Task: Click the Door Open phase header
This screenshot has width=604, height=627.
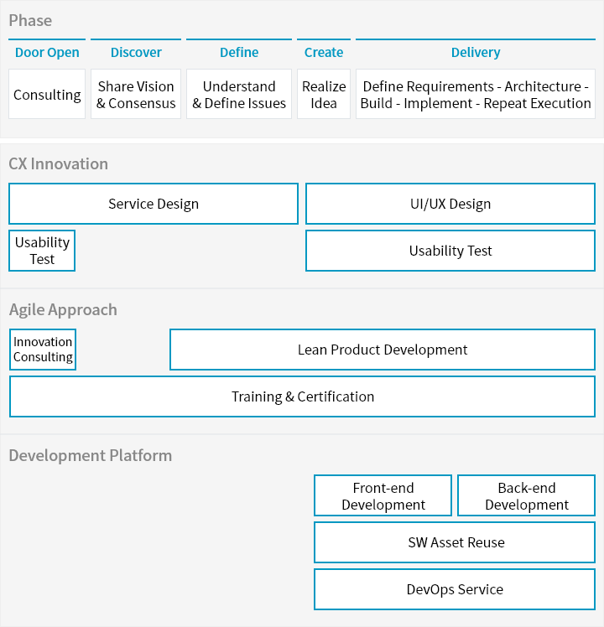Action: click(47, 52)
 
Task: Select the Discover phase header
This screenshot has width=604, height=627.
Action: click(136, 52)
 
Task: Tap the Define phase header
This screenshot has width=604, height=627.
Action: click(239, 52)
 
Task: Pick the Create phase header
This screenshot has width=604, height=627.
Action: click(324, 52)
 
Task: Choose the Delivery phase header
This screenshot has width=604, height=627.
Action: click(476, 52)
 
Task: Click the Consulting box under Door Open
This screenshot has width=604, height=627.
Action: click(47, 95)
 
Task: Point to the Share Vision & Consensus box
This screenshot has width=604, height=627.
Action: click(136, 95)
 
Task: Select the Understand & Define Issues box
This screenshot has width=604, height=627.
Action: click(239, 95)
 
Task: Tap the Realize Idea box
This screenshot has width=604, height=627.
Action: click(324, 95)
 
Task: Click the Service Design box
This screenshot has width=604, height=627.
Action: click(154, 204)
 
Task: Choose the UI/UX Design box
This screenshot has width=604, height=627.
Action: click(450, 204)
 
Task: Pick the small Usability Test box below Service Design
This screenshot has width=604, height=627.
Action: click(42, 251)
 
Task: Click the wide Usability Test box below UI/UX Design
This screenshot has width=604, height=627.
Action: click(450, 251)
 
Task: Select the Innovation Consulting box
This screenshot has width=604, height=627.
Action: click(43, 350)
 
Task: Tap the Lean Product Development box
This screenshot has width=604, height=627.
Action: click(383, 350)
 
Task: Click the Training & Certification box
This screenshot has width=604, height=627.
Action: click(302, 396)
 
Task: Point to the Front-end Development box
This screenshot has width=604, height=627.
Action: click(383, 496)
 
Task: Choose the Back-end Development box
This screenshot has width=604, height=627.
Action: click(527, 496)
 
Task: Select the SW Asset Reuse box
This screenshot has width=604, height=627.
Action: click(455, 542)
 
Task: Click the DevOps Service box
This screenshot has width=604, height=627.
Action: click(455, 589)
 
